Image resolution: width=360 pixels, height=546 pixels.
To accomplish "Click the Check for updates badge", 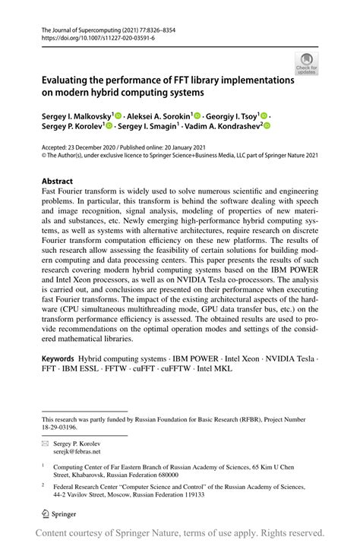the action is [x=307, y=64].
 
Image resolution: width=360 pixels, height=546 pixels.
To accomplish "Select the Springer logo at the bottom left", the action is [x=62, y=514].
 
